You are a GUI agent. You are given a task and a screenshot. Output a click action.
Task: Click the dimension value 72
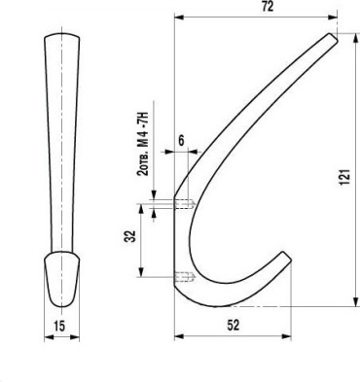268,7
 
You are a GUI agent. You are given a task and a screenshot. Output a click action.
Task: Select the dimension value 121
344,177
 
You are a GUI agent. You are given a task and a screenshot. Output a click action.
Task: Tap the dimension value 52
234,326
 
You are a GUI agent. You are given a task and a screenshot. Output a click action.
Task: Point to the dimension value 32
130,236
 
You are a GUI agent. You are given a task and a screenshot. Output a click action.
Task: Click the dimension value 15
59,326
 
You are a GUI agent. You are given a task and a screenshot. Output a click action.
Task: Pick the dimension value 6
181,140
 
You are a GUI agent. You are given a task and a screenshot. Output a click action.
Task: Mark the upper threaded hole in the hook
185,204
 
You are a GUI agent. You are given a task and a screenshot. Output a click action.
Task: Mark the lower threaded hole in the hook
185,277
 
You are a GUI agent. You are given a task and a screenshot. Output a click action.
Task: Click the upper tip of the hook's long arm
334,37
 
